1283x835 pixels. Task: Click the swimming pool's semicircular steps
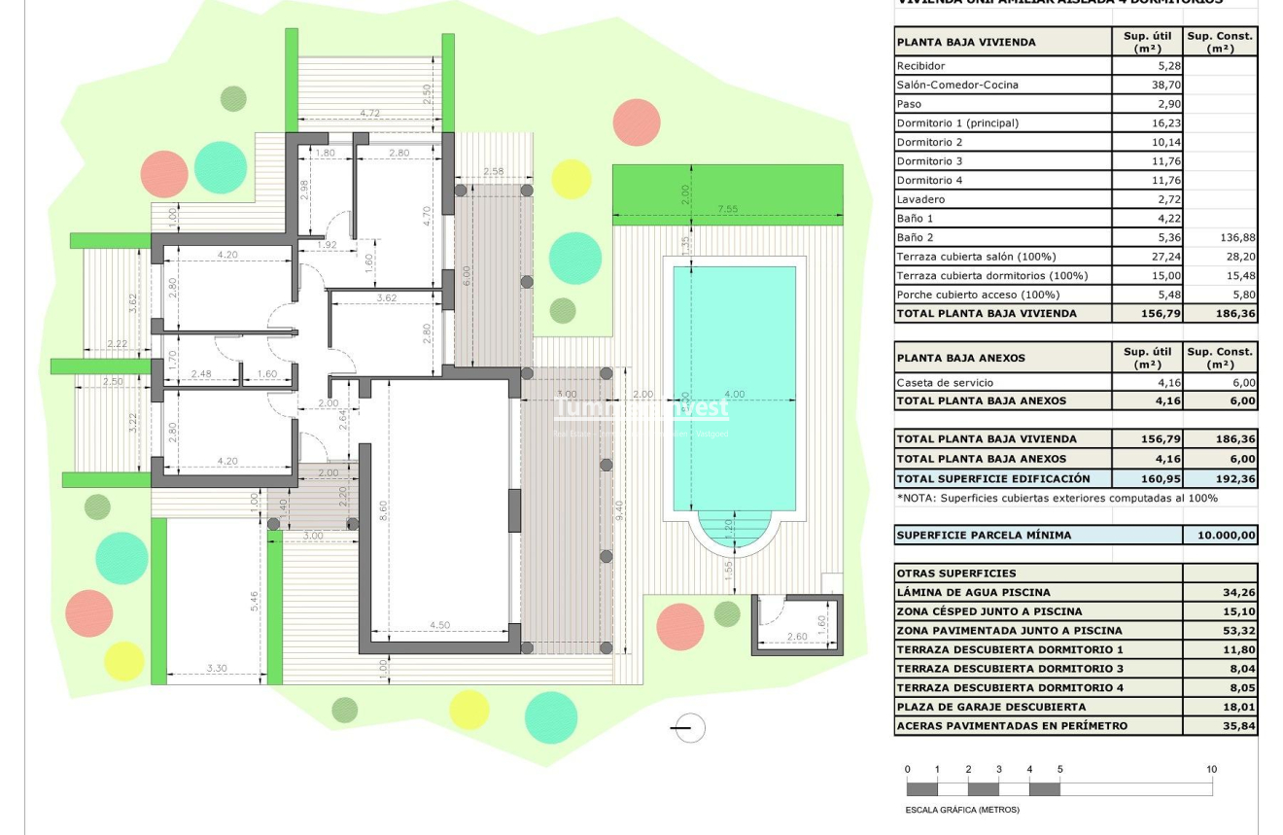[x=734, y=534]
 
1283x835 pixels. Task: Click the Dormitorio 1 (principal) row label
[x=957, y=123]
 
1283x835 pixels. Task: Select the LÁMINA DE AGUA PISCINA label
[x=973, y=592]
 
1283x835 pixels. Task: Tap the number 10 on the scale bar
[x=1211, y=770]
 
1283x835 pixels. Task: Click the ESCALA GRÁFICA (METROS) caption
[x=962, y=810]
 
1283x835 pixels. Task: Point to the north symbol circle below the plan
[x=688, y=728]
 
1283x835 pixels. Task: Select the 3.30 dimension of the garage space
[x=217, y=669]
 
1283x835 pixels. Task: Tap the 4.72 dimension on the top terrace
[x=370, y=114]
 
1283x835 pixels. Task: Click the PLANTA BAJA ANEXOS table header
[x=961, y=358]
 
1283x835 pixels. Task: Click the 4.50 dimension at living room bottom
[x=438, y=625]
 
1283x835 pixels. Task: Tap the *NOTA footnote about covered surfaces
[x=1057, y=499]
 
